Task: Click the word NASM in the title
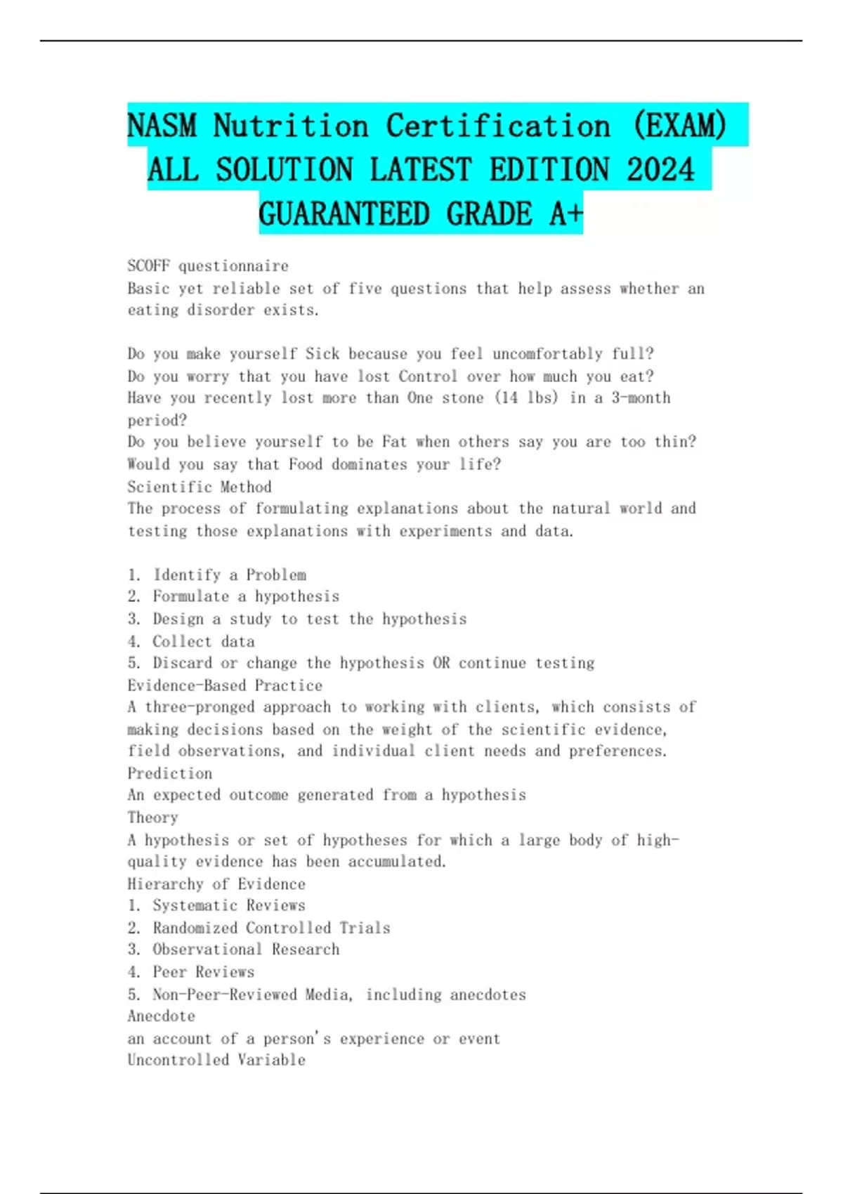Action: [x=162, y=126]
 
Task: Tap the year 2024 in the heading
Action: [x=660, y=170]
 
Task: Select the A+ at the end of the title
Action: [x=566, y=214]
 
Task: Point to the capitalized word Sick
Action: [x=322, y=354]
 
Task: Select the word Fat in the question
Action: [x=394, y=442]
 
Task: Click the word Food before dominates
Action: [x=306, y=464]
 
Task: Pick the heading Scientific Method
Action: [x=200, y=487]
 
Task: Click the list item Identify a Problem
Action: [x=229, y=575]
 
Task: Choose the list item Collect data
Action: [x=204, y=641]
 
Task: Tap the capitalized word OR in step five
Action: [x=441, y=663]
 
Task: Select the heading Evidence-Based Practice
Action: [x=225, y=685]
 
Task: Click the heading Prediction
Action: [x=170, y=773]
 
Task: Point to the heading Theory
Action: [x=152, y=818]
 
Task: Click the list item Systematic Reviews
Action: [x=229, y=905]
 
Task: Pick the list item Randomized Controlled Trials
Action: [x=271, y=928]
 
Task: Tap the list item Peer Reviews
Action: [x=204, y=972]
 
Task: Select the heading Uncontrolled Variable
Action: [x=216, y=1060]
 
